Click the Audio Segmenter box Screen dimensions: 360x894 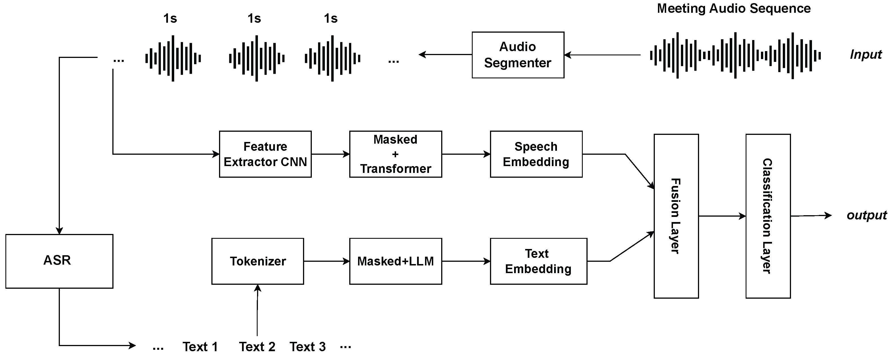click(x=518, y=55)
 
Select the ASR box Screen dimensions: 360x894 click(x=59, y=261)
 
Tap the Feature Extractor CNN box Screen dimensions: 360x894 click(x=265, y=154)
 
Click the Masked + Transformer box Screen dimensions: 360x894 click(x=395, y=154)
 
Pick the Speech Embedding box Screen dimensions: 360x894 click(x=536, y=154)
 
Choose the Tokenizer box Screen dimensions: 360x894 click(x=258, y=261)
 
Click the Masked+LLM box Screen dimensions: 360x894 click(x=395, y=261)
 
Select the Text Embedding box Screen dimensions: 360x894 click(x=538, y=261)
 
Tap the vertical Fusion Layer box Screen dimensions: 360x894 click(x=676, y=216)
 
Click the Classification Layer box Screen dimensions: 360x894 click(x=768, y=216)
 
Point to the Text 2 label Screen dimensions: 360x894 click(x=257, y=346)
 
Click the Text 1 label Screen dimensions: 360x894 click(x=200, y=346)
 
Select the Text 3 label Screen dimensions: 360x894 click(x=308, y=346)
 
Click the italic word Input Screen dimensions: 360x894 click(x=866, y=55)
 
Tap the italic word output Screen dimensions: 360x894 click(x=866, y=215)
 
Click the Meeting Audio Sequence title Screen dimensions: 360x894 click(x=734, y=8)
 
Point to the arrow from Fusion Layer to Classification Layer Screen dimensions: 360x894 click(x=722, y=216)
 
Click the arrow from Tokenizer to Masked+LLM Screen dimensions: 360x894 click(x=326, y=261)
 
